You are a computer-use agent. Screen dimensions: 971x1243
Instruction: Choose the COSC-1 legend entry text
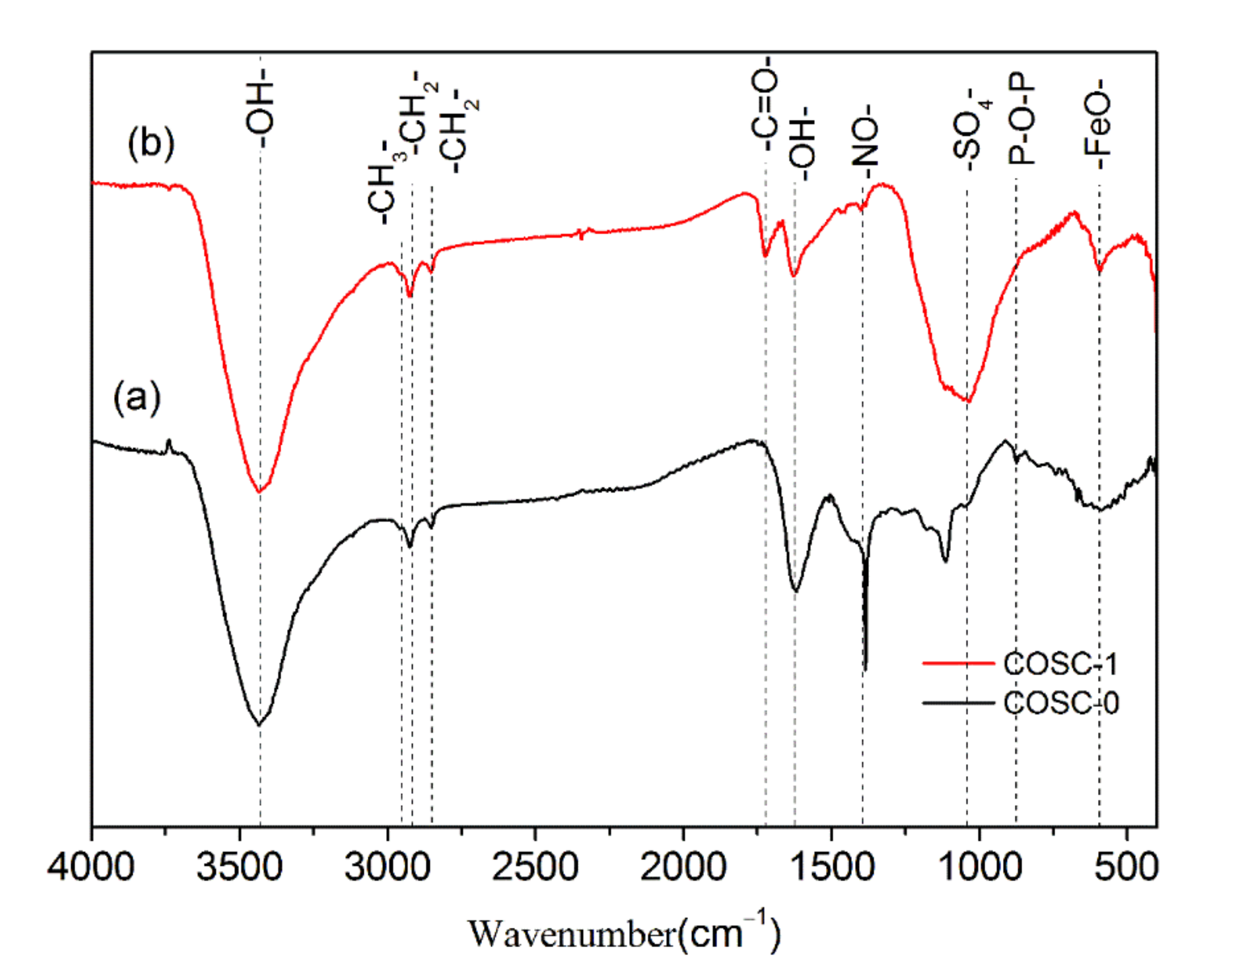(x=1060, y=664)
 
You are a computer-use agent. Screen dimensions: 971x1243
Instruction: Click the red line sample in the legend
(x=958, y=663)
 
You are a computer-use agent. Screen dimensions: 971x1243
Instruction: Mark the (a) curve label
(x=137, y=397)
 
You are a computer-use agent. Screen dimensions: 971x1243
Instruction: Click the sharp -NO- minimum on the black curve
(x=866, y=669)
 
